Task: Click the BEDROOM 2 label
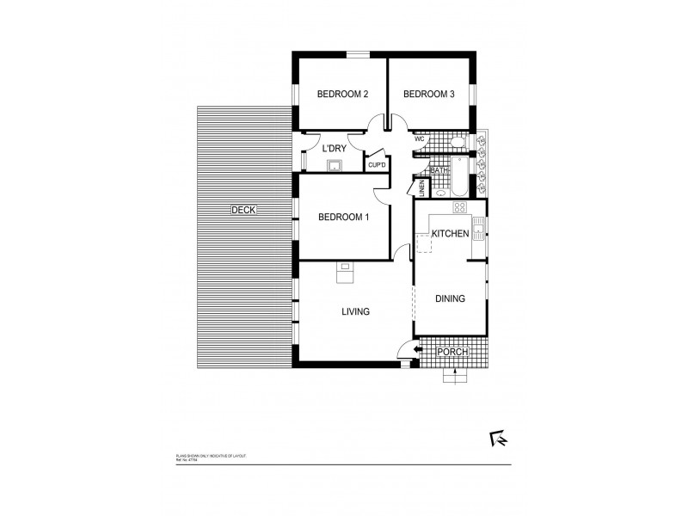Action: point(342,95)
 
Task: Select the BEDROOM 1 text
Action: point(343,217)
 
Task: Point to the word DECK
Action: point(244,210)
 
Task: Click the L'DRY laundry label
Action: point(334,148)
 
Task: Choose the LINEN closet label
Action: point(422,187)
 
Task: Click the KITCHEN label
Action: point(450,234)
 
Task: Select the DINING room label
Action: point(450,299)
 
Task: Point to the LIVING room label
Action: point(354,312)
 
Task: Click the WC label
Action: point(421,139)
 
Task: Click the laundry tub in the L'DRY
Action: point(334,165)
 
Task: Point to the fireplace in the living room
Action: point(345,273)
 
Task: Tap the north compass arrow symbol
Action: point(497,439)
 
